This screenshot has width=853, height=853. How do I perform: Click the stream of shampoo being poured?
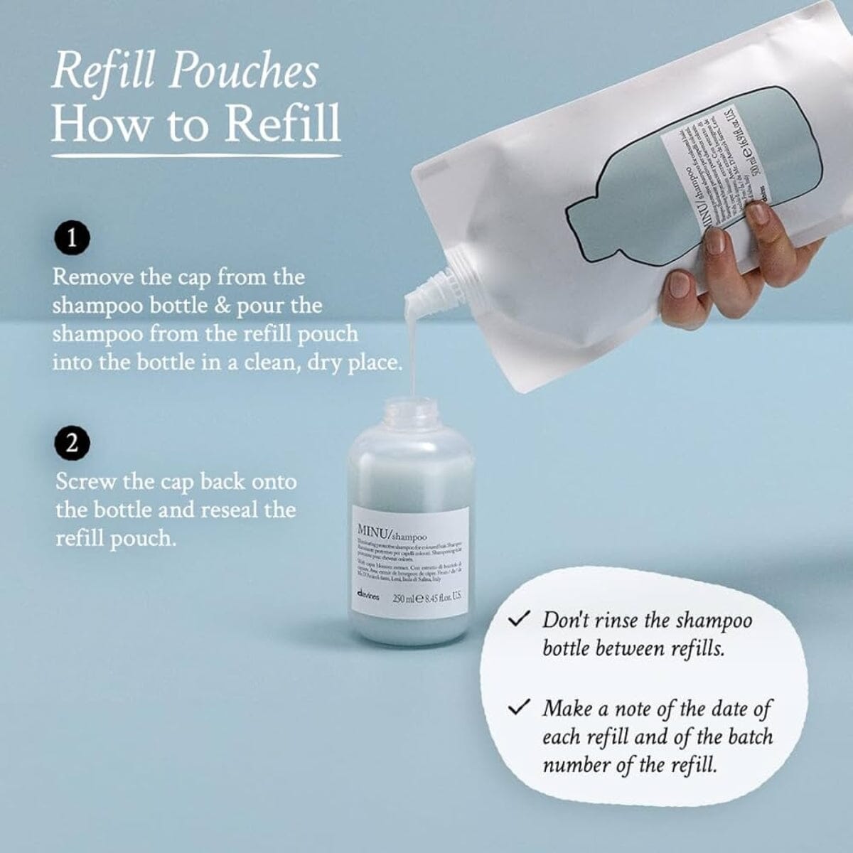point(410,348)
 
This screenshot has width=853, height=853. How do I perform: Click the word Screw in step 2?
point(85,481)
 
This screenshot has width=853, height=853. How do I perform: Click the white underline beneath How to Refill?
point(196,155)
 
